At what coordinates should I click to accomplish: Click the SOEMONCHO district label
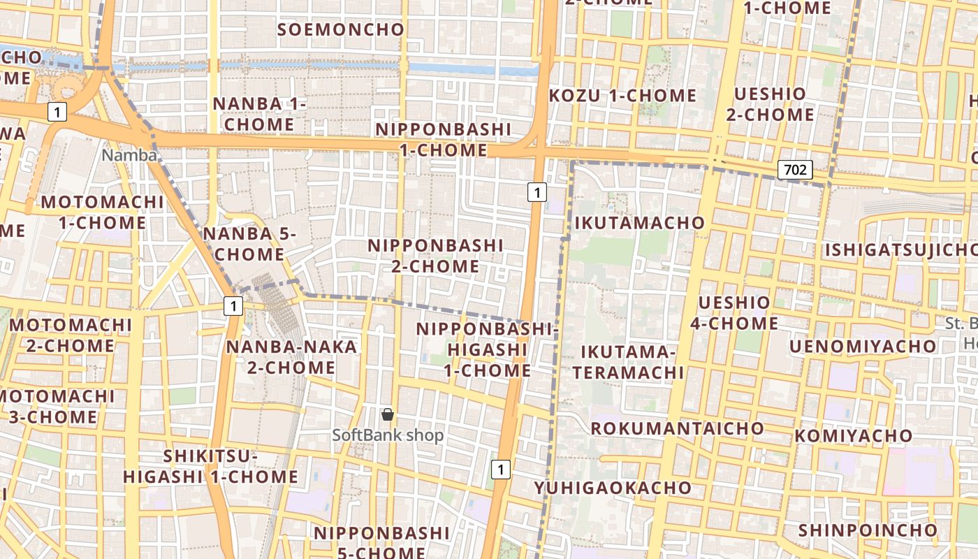pyautogui.click(x=341, y=29)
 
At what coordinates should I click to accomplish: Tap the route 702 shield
pyautogui.click(x=795, y=170)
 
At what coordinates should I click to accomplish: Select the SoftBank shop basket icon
pyautogui.click(x=388, y=415)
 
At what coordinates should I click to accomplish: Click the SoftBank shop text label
pyautogui.click(x=388, y=435)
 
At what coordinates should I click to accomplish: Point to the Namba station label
pyautogui.click(x=129, y=155)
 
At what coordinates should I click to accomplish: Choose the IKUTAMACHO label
pyautogui.click(x=639, y=223)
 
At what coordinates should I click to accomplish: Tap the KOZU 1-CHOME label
pyautogui.click(x=622, y=96)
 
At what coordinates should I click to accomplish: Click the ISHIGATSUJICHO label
pyautogui.click(x=901, y=250)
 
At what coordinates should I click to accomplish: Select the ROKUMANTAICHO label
pyautogui.click(x=678, y=428)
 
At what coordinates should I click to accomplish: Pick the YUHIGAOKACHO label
pyautogui.click(x=613, y=488)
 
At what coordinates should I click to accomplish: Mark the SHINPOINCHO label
pyautogui.click(x=867, y=530)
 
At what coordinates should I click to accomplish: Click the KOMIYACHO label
pyautogui.click(x=854, y=436)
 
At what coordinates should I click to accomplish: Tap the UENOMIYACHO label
pyautogui.click(x=863, y=347)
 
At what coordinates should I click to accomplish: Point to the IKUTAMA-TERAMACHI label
pyautogui.click(x=627, y=362)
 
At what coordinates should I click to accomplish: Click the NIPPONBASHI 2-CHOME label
pyautogui.click(x=435, y=256)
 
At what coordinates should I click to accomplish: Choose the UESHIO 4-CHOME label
pyautogui.click(x=734, y=313)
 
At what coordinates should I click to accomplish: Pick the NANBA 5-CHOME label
pyautogui.click(x=249, y=244)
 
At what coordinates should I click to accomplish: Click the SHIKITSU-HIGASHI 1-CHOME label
pyautogui.click(x=211, y=467)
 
